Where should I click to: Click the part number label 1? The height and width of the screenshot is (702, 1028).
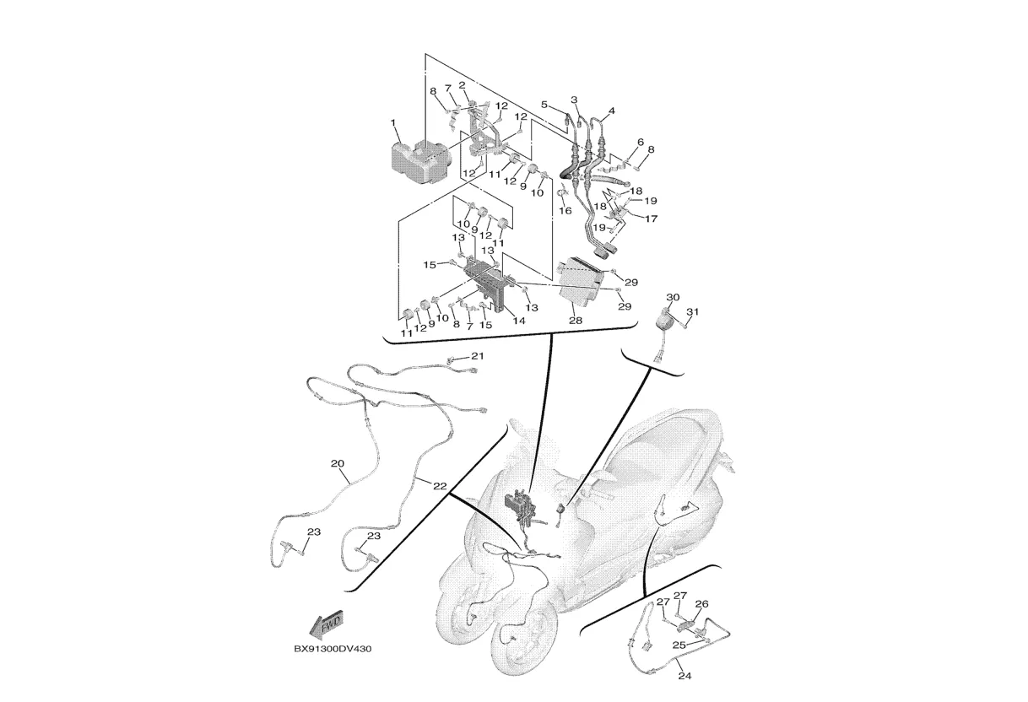click(393, 123)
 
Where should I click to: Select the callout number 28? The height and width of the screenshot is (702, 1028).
click(576, 321)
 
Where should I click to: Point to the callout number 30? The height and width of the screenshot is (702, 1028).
click(673, 298)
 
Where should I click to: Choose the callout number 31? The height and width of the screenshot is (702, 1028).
click(693, 313)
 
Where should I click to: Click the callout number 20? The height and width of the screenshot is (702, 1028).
click(338, 464)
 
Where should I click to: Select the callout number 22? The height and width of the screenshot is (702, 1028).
click(440, 485)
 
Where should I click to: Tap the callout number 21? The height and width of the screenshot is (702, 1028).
click(478, 357)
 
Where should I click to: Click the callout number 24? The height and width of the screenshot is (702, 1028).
click(684, 676)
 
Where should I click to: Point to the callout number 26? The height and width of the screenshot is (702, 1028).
click(701, 604)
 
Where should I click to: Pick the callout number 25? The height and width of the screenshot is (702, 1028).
click(679, 645)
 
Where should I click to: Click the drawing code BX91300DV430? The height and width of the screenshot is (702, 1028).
click(333, 650)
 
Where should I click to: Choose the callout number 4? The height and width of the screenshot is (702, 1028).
click(611, 111)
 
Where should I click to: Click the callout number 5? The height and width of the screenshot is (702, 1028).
click(544, 105)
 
